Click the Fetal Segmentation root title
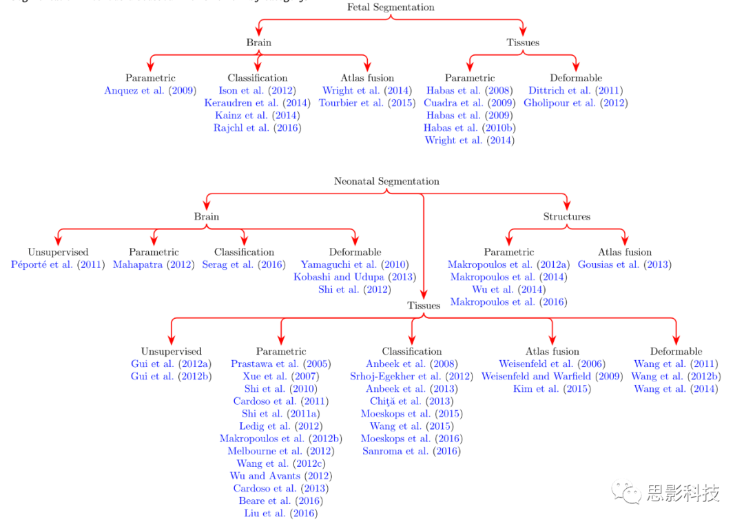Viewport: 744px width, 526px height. pyautogui.click(x=391, y=8)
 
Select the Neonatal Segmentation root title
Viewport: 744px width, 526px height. pyautogui.click(x=386, y=182)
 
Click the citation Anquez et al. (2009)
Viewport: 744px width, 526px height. pyautogui.click(x=150, y=91)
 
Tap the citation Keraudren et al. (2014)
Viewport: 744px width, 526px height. pyautogui.click(x=257, y=103)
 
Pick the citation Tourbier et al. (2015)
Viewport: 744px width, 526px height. pyautogui.click(x=367, y=103)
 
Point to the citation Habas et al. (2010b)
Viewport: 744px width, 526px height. pyautogui.click(x=470, y=128)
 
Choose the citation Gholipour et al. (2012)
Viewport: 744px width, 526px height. pyautogui.click(x=576, y=103)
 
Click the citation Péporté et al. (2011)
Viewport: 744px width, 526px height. pyautogui.click(x=58, y=265)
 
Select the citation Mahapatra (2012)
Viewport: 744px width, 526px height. pyautogui.click(x=154, y=265)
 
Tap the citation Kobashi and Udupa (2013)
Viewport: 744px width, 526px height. pyautogui.click(x=355, y=277)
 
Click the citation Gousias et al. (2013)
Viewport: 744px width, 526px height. pyautogui.click(x=624, y=265)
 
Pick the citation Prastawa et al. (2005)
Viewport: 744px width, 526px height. pyautogui.click(x=281, y=364)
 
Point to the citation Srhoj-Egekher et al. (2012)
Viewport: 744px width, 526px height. pyautogui.click(x=411, y=377)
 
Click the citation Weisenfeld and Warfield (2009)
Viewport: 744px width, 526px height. pyautogui.click(x=552, y=377)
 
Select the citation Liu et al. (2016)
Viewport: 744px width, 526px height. pyautogui.click(x=281, y=514)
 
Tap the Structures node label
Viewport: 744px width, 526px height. pyautogui.click(x=566, y=217)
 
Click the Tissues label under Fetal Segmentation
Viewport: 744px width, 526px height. pyautogui.click(x=523, y=43)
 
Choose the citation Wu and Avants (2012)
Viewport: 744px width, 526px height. pyautogui.click(x=281, y=476)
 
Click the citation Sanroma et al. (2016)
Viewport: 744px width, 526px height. pyautogui.click(x=411, y=452)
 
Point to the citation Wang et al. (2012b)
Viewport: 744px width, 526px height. pyautogui.click(x=676, y=377)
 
